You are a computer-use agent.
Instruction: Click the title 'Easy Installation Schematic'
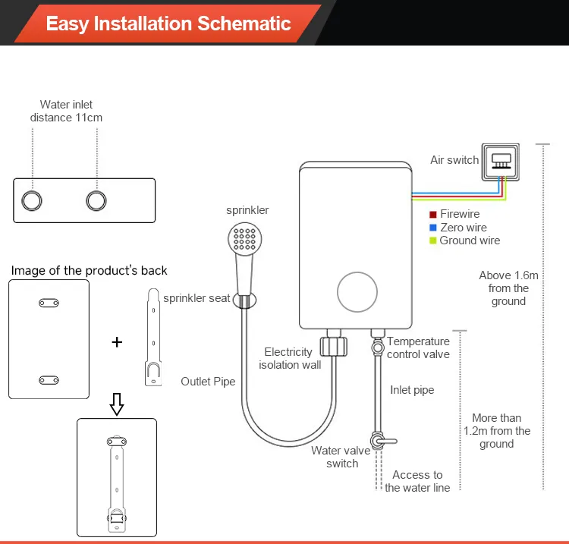[168, 23]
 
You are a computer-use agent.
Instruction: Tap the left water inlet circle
[32, 200]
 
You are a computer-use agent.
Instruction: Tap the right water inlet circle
[96, 200]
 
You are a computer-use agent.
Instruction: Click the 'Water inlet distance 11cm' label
[66, 111]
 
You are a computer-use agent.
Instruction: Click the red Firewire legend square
[433, 215]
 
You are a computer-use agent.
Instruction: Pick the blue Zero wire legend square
[433, 228]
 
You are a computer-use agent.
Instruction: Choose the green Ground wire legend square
[433, 241]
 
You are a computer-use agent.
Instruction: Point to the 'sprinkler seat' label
[196, 298]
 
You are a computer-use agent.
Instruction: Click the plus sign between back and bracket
[117, 342]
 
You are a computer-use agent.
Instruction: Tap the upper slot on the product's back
[49, 303]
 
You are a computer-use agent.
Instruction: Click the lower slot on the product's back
[49, 379]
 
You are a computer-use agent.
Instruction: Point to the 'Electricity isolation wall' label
[289, 358]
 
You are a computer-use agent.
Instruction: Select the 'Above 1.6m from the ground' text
[508, 288]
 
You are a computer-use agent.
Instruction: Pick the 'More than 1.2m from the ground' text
[497, 431]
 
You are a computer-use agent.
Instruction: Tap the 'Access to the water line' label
[417, 481]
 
